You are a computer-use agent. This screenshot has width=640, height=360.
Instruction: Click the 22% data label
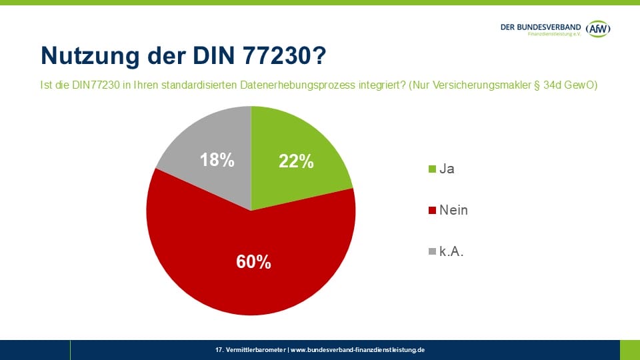pos(297,161)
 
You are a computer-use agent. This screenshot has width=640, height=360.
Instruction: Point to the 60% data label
pos(253,262)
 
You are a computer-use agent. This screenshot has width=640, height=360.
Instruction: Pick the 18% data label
pos(217,160)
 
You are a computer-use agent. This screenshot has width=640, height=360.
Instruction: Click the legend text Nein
pos(453,211)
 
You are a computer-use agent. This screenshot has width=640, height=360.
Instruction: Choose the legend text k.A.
pos(451,252)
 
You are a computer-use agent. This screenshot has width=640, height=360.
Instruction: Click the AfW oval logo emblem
pos(599,28)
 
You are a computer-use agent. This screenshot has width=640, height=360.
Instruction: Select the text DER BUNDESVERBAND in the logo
pos(541,26)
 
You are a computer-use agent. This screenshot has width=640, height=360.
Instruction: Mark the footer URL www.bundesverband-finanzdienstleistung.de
pos(357,350)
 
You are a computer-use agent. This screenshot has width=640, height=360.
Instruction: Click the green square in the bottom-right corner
pos(629,350)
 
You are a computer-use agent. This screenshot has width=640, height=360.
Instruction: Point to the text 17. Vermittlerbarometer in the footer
pos(251,350)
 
